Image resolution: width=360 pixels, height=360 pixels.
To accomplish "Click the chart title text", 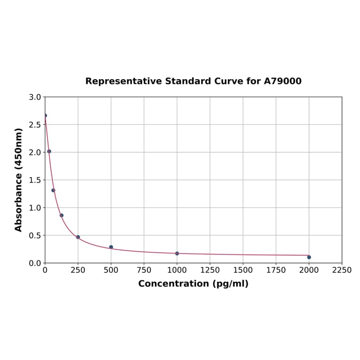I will click(x=193, y=81).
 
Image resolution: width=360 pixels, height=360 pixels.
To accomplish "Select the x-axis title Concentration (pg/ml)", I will click(x=193, y=284).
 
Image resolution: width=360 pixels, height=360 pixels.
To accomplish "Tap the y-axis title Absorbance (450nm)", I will click(x=19, y=180).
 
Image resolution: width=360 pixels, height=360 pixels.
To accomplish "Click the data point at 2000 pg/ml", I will click(x=309, y=257).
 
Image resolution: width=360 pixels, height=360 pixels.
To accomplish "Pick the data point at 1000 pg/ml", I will click(x=177, y=254).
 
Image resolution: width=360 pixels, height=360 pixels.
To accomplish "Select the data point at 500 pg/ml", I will click(x=111, y=247).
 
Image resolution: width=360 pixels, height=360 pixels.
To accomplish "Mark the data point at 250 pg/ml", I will click(x=78, y=237).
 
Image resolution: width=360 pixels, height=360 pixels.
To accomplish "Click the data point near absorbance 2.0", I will click(x=49, y=151).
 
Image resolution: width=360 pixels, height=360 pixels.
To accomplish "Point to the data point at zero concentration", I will click(x=45, y=115).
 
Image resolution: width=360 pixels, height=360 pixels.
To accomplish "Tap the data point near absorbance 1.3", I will click(x=53, y=190).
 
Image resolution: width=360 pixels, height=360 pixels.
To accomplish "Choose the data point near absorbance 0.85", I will click(x=62, y=215).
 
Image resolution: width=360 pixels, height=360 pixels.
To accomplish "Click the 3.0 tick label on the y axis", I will click(x=35, y=97).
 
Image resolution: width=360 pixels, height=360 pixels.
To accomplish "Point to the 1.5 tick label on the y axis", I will click(x=35, y=180).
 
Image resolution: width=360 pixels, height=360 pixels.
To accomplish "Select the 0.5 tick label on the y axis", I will click(x=35, y=235).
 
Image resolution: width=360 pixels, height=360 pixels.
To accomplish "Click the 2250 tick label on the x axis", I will click(x=342, y=270).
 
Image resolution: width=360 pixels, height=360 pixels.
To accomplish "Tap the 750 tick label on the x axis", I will click(x=144, y=270).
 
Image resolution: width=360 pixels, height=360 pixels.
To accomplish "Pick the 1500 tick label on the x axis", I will click(x=243, y=270).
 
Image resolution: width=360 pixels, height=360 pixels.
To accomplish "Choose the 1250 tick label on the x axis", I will click(x=210, y=270).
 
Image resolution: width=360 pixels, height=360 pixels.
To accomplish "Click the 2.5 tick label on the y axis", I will click(x=35, y=125).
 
